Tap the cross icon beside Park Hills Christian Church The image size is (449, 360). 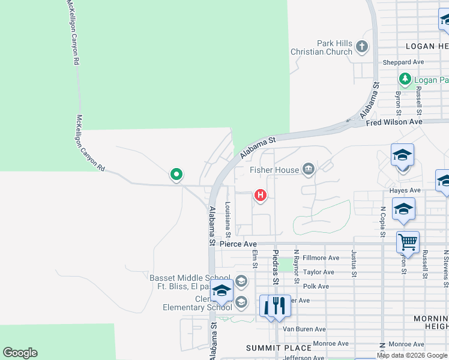coord(361,47)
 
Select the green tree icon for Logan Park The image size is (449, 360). coord(405,80)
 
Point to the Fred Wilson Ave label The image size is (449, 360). coord(394,122)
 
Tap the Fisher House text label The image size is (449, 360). coord(274,170)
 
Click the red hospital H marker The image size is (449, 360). coord(261,195)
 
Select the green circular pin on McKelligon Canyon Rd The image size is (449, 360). coord(176,175)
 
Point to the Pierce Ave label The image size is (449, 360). coord(238,244)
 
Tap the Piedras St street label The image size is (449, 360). coord(276,267)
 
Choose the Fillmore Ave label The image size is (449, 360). coord(321,258)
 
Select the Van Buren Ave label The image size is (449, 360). coord(304,329)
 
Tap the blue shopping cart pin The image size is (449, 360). coord(408,242)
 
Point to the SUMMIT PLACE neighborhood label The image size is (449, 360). coord(279,348)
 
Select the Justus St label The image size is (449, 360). coord(354,265)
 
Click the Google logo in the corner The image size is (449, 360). coord(20,353)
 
